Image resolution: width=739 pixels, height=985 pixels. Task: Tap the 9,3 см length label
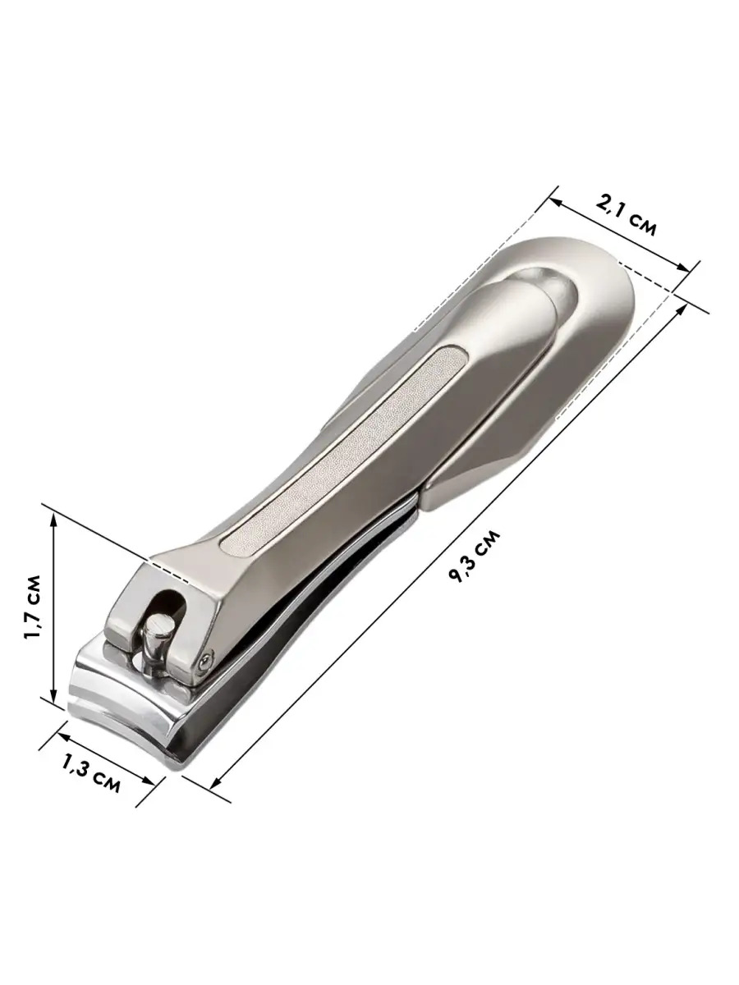pos(474,557)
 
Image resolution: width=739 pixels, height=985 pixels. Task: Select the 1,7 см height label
pos(33,607)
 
